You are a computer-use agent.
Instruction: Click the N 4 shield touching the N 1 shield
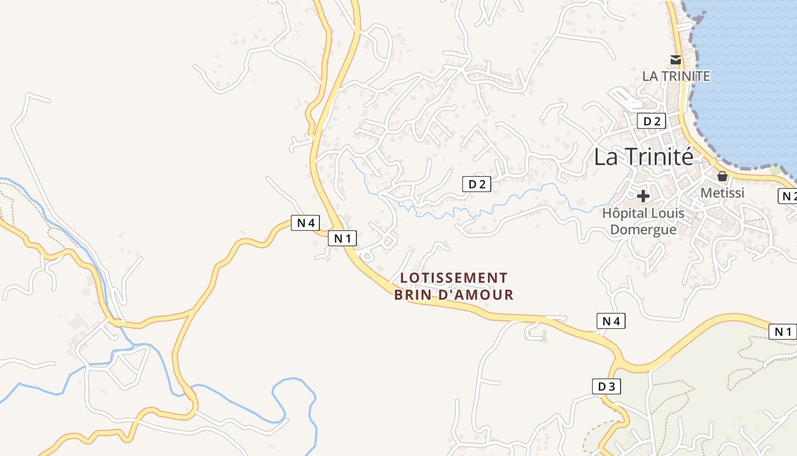(306, 222)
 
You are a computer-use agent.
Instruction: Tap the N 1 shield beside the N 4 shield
(342, 238)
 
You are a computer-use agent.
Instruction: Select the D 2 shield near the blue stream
(476, 184)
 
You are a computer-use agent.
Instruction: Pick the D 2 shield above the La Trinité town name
(651, 121)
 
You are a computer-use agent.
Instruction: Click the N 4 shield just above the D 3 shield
(611, 321)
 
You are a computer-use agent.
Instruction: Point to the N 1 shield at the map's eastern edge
(783, 332)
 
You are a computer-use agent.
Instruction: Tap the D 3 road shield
(606, 386)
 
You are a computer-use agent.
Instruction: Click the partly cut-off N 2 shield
(788, 196)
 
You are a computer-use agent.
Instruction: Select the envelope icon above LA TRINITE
(676, 59)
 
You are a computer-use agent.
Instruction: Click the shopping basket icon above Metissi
(722, 177)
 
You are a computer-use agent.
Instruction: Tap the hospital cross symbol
(643, 196)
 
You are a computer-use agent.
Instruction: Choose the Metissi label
(722, 193)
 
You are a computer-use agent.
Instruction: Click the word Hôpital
(623, 214)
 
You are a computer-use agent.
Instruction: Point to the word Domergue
(643, 229)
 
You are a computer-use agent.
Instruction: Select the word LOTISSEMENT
(454, 278)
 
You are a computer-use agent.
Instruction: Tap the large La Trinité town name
(644, 157)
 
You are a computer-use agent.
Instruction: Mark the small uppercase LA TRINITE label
(676, 76)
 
